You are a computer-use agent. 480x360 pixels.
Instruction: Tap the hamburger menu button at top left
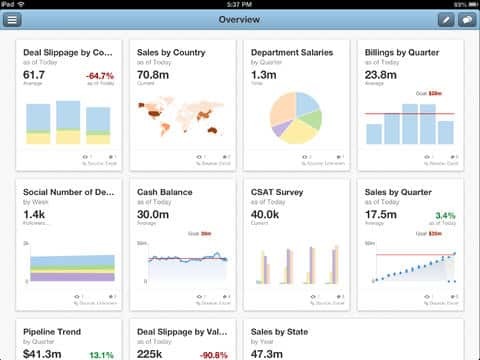[x=12, y=20]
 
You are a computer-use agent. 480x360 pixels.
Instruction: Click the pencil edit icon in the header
[x=445, y=20]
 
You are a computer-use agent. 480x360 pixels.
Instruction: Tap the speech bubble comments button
[x=466, y=20]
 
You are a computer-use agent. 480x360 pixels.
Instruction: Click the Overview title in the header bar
[x=240, y=20]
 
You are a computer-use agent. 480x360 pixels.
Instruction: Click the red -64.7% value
[x=99, y=75]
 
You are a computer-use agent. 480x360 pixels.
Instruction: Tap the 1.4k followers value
[x=34, y=215]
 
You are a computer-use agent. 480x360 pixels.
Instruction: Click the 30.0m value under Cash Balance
[x=153, y=215]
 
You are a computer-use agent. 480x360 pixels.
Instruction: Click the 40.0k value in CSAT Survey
[x=267, y=215]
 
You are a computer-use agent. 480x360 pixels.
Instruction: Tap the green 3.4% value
[x=445, y=215]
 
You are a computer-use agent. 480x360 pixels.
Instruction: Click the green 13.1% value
[x=101, y=353]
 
